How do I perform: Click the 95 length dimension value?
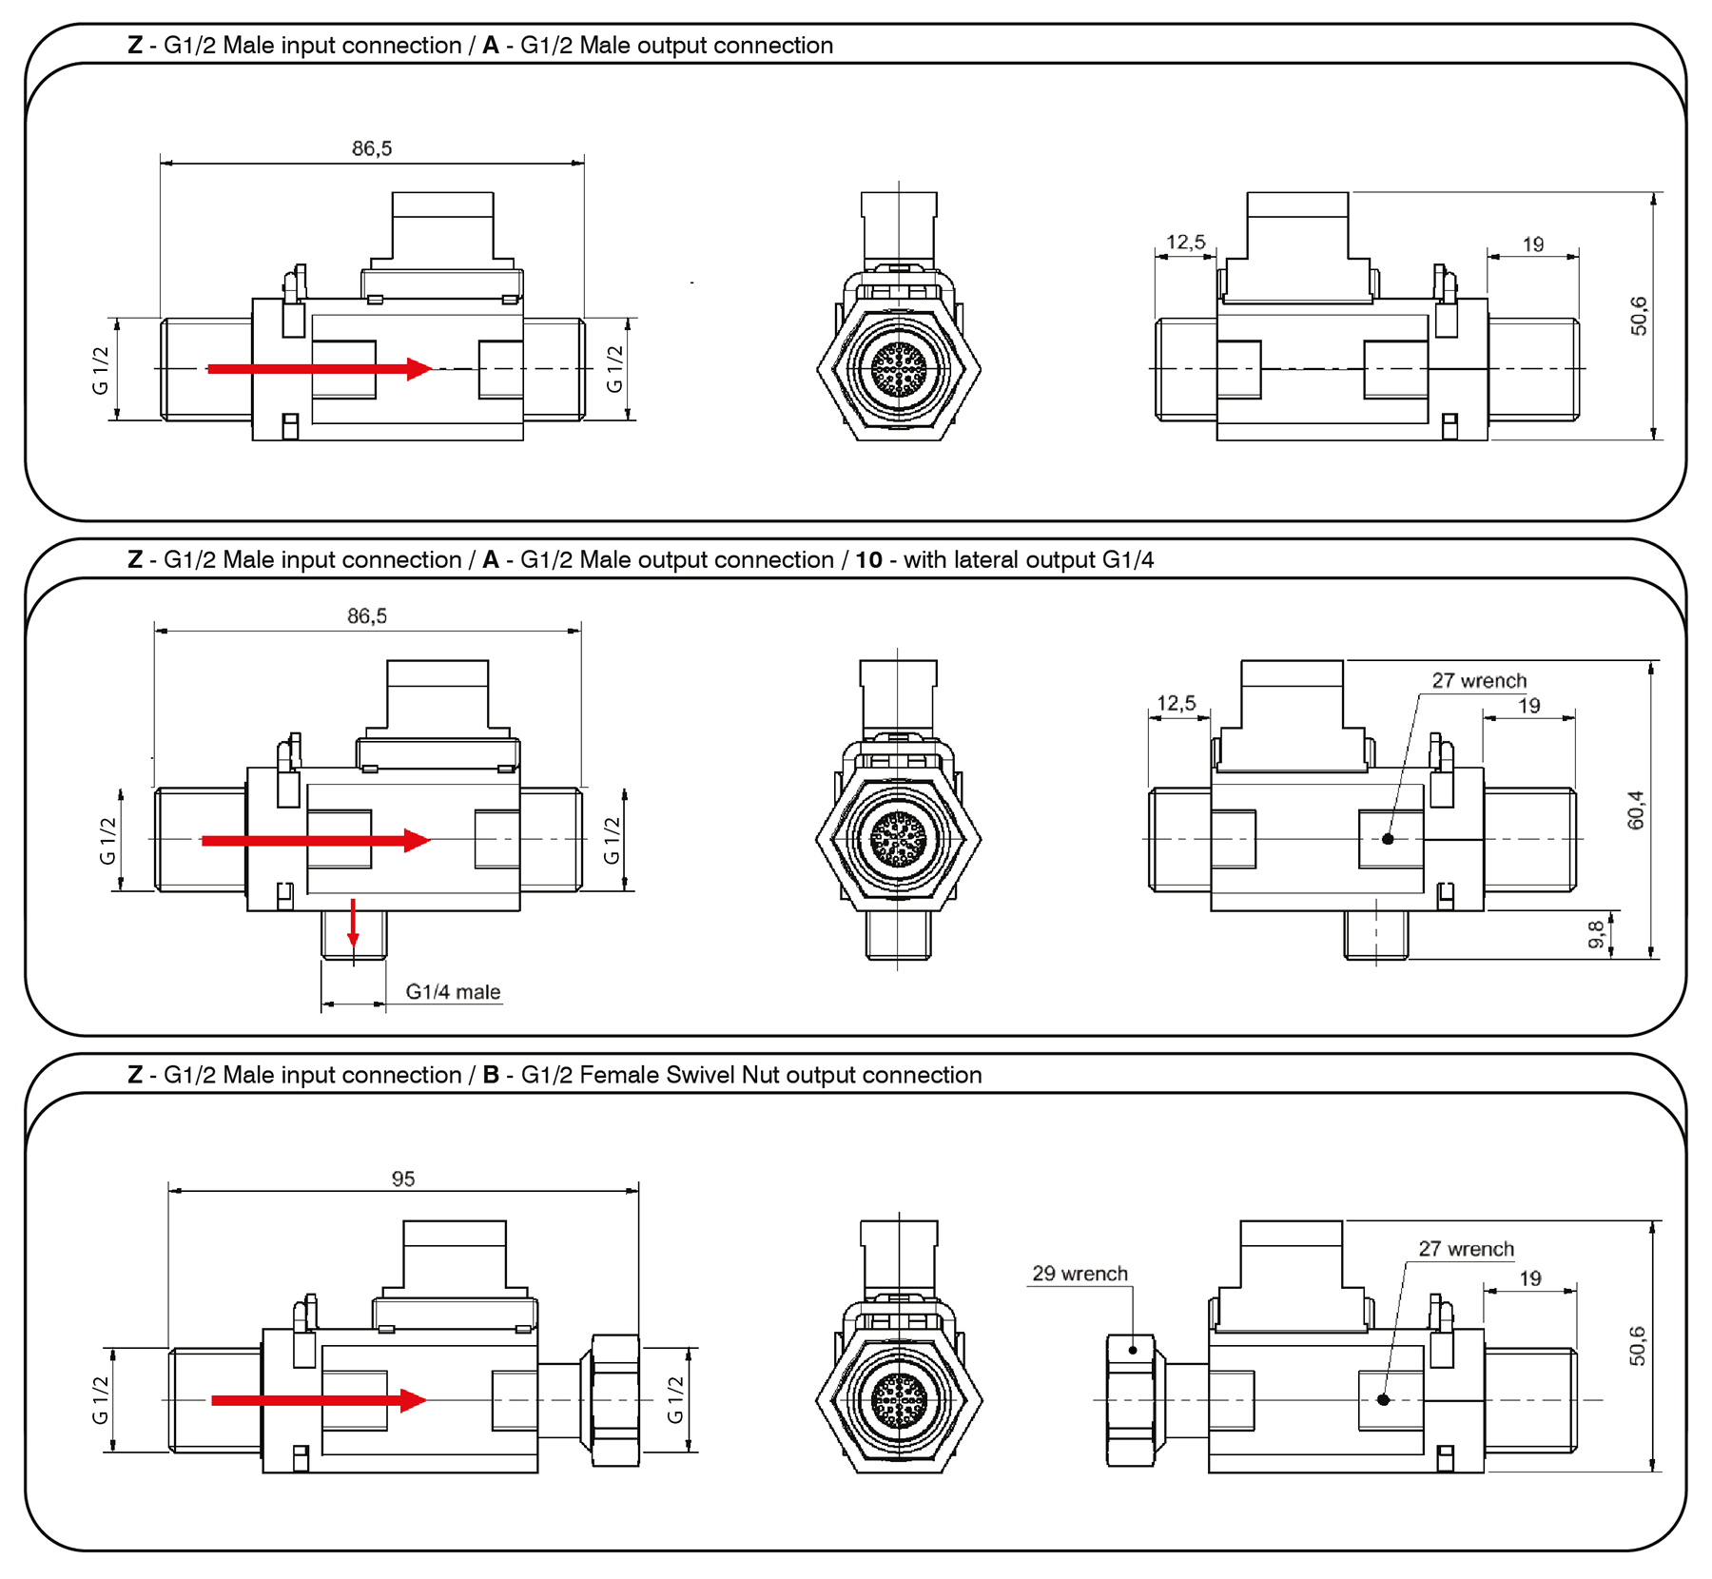(403, 1179)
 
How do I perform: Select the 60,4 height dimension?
(1636, 809)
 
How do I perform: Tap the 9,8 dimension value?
(1597, 934)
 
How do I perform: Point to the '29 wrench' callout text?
(1080, 1274)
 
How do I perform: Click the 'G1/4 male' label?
(453, 992)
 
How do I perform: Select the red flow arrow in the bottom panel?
(319, 1400)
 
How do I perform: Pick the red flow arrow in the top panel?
(320, 369)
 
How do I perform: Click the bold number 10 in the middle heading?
(868, 559)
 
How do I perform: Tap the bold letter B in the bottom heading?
(491, 1075)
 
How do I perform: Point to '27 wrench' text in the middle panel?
(1479, 681)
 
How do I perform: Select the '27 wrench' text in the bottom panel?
(1466, 1249)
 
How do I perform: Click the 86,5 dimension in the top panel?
(372, 148)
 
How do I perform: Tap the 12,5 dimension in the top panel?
(1186, 243)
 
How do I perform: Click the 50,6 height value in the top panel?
(1639, 316)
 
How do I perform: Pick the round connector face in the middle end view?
(898, 839)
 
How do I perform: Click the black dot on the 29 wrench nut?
(1133, 1350)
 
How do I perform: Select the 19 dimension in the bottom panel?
(1530, 1278)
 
